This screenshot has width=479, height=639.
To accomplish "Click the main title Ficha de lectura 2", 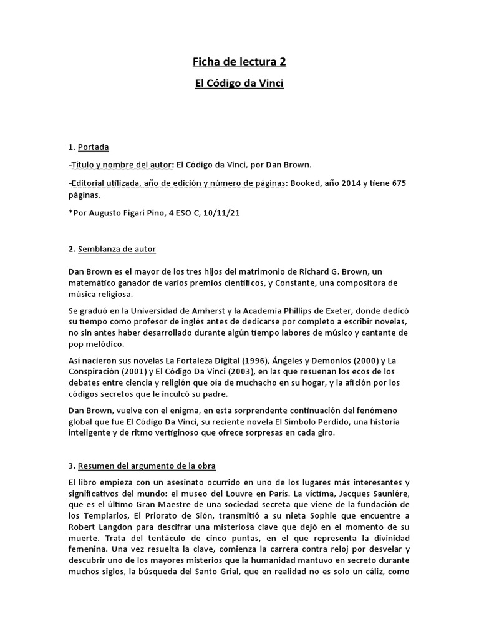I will coord(239,61).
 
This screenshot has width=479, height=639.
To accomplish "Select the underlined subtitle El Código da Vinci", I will coord(239,84).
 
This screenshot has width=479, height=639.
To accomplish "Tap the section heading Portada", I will coord(93,147).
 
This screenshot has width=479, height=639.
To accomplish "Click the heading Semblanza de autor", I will coord(117,249).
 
